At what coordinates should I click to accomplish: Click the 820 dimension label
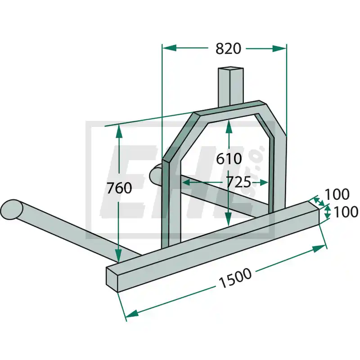pos(228,49)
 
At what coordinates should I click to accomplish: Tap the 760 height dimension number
pos(119,188)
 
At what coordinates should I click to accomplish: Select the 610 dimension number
pos(229,159)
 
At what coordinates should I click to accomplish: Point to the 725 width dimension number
pos(238,182)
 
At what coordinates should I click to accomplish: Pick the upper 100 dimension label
pos(337,194)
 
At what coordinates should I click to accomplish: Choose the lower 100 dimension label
pos(346,211)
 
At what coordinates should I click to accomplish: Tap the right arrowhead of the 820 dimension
pos(279,49)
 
